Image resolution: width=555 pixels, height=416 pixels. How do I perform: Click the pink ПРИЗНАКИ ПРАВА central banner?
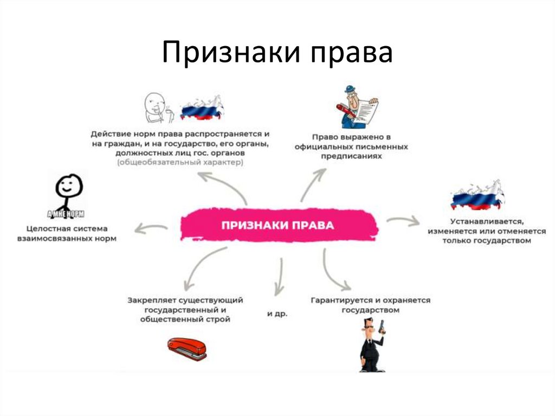coord(277,225)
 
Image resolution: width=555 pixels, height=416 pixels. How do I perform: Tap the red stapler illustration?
coord(187,349)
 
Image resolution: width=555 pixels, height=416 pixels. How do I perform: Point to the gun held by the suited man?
coord(382,327)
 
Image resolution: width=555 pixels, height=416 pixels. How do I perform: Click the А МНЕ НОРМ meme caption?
coord(66,213)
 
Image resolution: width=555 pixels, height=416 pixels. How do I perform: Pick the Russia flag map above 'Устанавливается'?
coord(476,196)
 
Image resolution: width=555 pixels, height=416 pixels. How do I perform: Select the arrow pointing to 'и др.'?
coord(279,277)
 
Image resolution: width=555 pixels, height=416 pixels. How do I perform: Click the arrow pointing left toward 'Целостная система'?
coord(151,227)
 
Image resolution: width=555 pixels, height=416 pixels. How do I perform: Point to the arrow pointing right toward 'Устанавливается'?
coord(403,220)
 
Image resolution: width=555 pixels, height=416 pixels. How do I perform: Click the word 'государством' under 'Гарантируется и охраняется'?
coord(370,311)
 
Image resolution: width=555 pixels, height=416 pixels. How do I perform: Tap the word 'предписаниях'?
coord(351,156)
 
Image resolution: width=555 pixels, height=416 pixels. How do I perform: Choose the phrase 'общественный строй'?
coord(185,319)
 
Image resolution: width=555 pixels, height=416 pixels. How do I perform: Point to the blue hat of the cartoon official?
coord(349,90)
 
